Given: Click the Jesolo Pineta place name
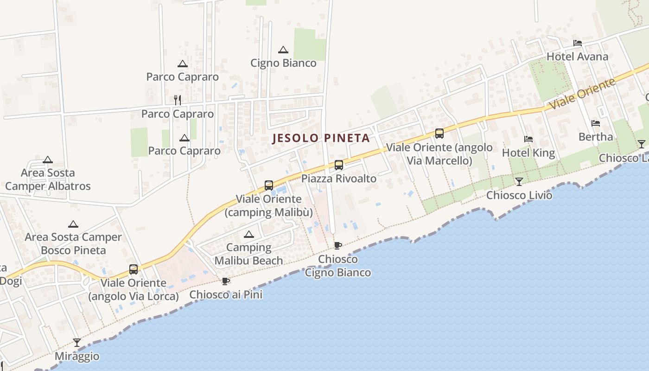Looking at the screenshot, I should [x=321, y=138].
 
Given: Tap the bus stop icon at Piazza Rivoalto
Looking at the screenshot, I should [x=339, y=165].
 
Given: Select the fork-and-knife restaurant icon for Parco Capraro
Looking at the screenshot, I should [x=177, y=100].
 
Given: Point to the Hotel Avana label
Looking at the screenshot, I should [x=577, y=57].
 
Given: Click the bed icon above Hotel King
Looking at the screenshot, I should [x=528, y=139].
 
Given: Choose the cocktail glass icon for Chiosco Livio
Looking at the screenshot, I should [x=519, y=181].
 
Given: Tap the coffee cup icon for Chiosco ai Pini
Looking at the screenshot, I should [x=226, y=281].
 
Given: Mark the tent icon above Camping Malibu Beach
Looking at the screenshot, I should [x=249, y=234].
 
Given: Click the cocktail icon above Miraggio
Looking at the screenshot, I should [x=77, y=343].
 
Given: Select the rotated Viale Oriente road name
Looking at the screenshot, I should [x=582, y=94].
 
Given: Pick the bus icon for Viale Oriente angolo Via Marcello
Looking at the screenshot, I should [x=439, y=134].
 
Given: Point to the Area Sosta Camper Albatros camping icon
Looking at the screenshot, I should [x=48, y=160].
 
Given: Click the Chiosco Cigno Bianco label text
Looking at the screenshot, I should [x=337, y=266].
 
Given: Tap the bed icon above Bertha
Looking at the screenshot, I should [x=596, y=123].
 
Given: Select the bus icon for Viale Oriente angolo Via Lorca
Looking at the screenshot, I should [x=134, y=269].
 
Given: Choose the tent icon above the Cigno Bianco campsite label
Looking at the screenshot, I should [x=283, y=50].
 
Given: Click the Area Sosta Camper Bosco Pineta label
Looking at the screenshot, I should [x=73, y=243].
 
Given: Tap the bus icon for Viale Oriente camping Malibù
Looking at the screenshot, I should [x=269, y=185].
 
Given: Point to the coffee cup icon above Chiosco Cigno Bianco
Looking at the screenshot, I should [x=338, y=245].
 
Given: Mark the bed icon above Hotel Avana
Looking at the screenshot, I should [x=577, y=43].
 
